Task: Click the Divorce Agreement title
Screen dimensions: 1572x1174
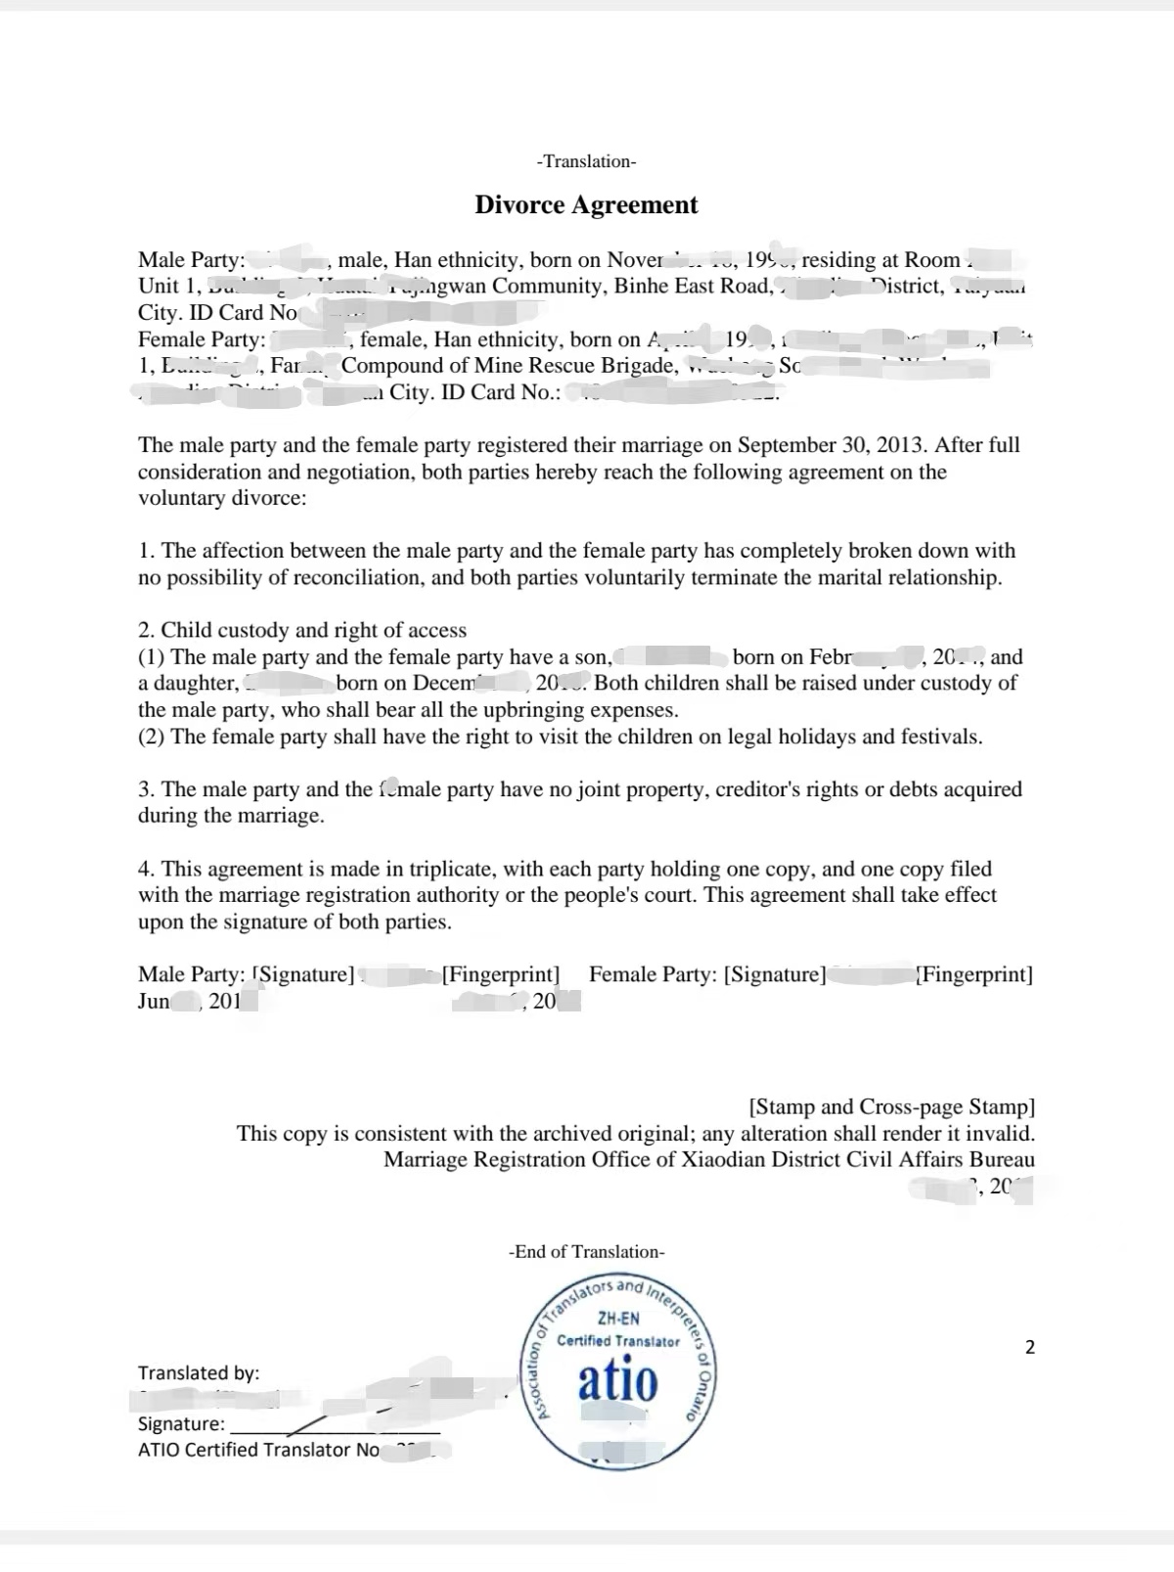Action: point(586,205)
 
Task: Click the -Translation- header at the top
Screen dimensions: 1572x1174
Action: point(586,161)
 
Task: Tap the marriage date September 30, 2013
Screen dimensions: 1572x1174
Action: point(830,445)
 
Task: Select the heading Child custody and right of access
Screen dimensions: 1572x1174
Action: point(313,630)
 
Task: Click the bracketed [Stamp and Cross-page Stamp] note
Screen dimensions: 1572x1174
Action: point(891,1106)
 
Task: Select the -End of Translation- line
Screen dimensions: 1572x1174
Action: point(586,1252)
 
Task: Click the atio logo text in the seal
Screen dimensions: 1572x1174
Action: point(617,1379)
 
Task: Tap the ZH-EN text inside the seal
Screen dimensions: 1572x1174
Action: point(618,1319)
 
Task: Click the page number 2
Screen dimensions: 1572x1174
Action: point(1029,1347)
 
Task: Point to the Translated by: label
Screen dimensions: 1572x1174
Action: point(199,1373)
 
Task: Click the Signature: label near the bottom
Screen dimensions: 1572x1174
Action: point(181,1424)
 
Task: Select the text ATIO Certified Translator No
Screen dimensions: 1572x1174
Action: point(259,1450)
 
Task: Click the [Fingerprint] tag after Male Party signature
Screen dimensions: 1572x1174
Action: point(501,974)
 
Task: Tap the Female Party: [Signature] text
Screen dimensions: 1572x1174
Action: point(707,974)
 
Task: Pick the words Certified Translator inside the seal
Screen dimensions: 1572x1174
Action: point(617,1341)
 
